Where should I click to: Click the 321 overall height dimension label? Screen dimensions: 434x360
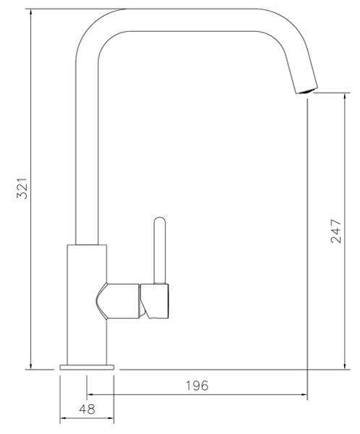click(x=22, y=190)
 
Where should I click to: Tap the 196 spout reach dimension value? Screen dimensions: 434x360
click(x=195, y=386)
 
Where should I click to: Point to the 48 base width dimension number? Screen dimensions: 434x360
click(x=86, y=409)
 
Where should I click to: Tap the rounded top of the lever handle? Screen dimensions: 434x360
click(x=159, y=221)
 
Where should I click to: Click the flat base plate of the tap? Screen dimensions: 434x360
click(x=87, y=367)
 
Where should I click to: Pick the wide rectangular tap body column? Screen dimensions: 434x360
click(x=87, y=304)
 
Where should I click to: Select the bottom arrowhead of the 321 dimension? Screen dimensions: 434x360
click(x=31, y=365)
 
